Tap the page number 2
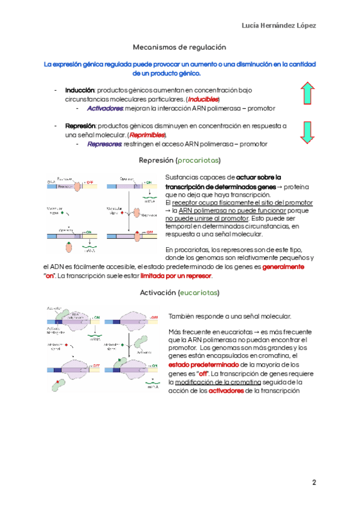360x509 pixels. pyautogui.click(x=313, y=482)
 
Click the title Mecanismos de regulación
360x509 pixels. pyautogui.click(x=179, y=46)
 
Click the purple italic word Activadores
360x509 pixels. pyautogui.click(x=105, y=109)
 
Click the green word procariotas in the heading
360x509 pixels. pyautogui.click(x=198, y=161)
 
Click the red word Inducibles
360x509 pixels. pyautogui.click(x=202, y=99)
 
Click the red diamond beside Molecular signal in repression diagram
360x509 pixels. pyautogui.click(x=122, y=213)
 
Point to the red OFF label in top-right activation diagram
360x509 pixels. pyautogui.click(x=154, y=316)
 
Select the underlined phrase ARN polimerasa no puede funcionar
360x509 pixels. pyautogui.click(x=223, y=211)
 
